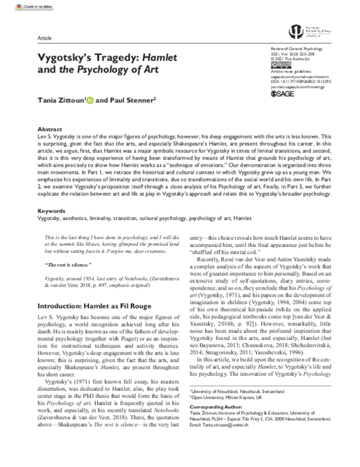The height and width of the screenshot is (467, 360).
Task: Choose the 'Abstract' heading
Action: pos(50,129)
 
